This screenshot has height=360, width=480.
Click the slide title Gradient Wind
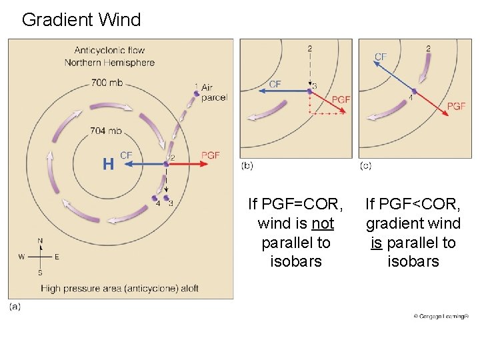click(x=81, y=20)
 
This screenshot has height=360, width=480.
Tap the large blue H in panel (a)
click(x=108, y=163)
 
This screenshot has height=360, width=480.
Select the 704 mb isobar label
click(x=106, y=131)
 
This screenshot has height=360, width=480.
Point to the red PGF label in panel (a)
click(x=211, y=155)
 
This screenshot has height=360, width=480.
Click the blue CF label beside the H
click(x=126, y=155)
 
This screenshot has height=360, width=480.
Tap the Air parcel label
click(x=214, y=92)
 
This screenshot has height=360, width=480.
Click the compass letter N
click(x=40, y=241)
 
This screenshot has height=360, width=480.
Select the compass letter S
click(x=40, y=273)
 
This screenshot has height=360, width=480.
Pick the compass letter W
click(x=21, y=257)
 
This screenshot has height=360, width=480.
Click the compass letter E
click(x=57, y=257)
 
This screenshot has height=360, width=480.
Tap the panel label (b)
click(x=247, y=165)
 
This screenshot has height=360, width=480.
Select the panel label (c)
click(x=365, y=165)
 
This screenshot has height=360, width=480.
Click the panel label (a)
click(x=15, y=306)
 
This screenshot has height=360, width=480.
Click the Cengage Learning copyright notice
click(x=441, y=316)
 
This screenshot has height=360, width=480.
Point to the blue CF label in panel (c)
click(x=381, y=57)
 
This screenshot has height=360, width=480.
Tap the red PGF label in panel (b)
click(x=341, y=99)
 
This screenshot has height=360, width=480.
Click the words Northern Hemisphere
click(x=109, y=63)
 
